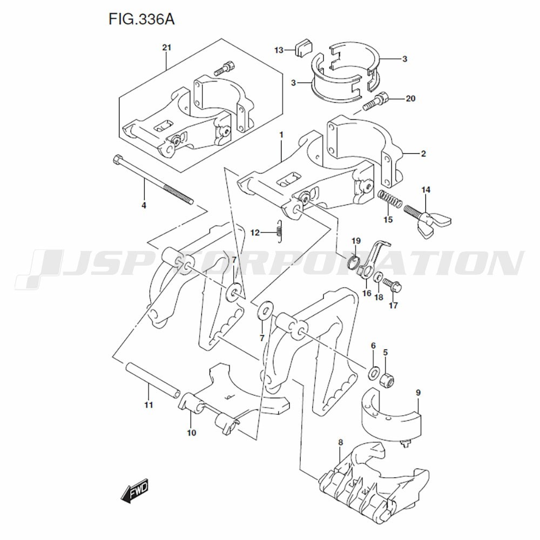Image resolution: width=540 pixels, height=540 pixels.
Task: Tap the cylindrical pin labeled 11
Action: tap(153, 381)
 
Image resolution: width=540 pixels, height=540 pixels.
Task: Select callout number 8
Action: tap(340, 443)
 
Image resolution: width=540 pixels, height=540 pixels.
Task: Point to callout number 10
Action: tap(192, 433)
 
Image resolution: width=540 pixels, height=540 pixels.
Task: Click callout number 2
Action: tap(423, 154)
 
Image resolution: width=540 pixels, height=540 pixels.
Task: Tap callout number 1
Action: tap(281, 133)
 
